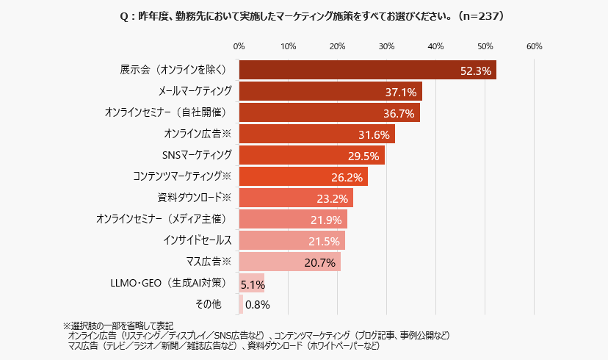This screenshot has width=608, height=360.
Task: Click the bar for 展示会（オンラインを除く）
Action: click(367, 70)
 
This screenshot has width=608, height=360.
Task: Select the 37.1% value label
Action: click(401, 92)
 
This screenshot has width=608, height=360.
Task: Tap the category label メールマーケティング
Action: click(195, 91)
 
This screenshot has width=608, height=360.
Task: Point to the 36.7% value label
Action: click(399, 113)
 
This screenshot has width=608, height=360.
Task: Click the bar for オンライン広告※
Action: click(316, 134)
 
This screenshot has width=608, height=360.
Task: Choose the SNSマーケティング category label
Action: click(197, 155)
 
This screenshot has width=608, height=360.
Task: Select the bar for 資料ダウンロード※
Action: click(296, 198)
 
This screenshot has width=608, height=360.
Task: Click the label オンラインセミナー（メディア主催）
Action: click(164, 219)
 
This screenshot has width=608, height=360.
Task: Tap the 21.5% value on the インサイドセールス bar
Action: click(324, 241)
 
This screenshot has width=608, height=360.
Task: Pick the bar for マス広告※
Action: click(290, 262)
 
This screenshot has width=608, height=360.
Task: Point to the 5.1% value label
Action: click(253, 284)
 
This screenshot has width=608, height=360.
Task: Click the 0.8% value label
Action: click(258, 304)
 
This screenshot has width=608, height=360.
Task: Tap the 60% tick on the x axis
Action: click(534, 47)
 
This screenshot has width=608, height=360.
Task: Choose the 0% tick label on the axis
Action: click(239, 47)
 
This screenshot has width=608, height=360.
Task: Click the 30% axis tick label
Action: click(386, 47)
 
